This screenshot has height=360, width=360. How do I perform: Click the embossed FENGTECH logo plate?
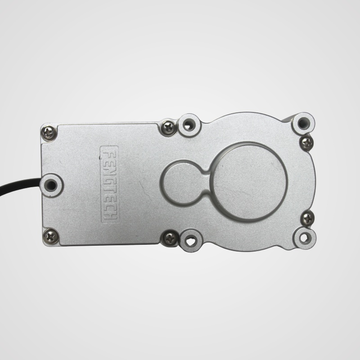coord(109,184)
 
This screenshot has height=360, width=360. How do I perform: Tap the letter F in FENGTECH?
coord(109,154)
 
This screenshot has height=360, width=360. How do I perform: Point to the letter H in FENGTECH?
coord(109,215)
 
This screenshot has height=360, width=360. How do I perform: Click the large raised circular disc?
coord(248,181)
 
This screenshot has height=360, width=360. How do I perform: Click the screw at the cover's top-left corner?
coord(49,132)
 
